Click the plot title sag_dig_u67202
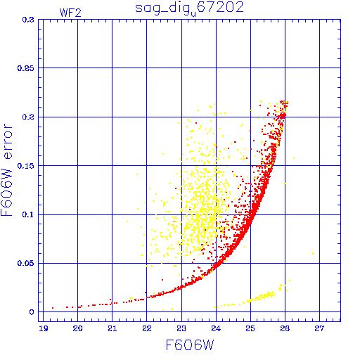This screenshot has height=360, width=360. (189, 8)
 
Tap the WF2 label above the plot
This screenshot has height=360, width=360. (70, 13)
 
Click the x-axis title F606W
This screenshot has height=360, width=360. (190, 345)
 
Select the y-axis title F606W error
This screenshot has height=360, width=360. (6, 170)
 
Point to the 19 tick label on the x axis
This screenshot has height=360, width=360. (44, 328)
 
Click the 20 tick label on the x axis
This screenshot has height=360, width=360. (77, 328)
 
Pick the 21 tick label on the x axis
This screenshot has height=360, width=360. (112, 328)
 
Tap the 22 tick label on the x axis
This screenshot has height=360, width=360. (147, 328)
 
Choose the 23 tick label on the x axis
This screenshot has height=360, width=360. (181, 328)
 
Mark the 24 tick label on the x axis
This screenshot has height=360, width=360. (216, 328)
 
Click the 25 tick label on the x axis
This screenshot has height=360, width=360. (250, 328)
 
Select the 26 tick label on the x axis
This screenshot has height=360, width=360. (285, 328)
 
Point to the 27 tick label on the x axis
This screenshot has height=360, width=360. (319, 328)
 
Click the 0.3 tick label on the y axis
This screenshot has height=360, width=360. (28, 20)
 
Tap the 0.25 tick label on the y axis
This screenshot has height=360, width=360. (26, 68)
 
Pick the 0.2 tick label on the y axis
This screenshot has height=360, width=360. (28, 117)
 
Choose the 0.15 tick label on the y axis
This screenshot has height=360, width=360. (26, 166)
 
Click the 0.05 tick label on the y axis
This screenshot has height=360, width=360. (26, 263)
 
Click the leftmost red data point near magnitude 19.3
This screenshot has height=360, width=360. (53, 308)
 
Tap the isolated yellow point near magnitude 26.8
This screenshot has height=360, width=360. (313, 253)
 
